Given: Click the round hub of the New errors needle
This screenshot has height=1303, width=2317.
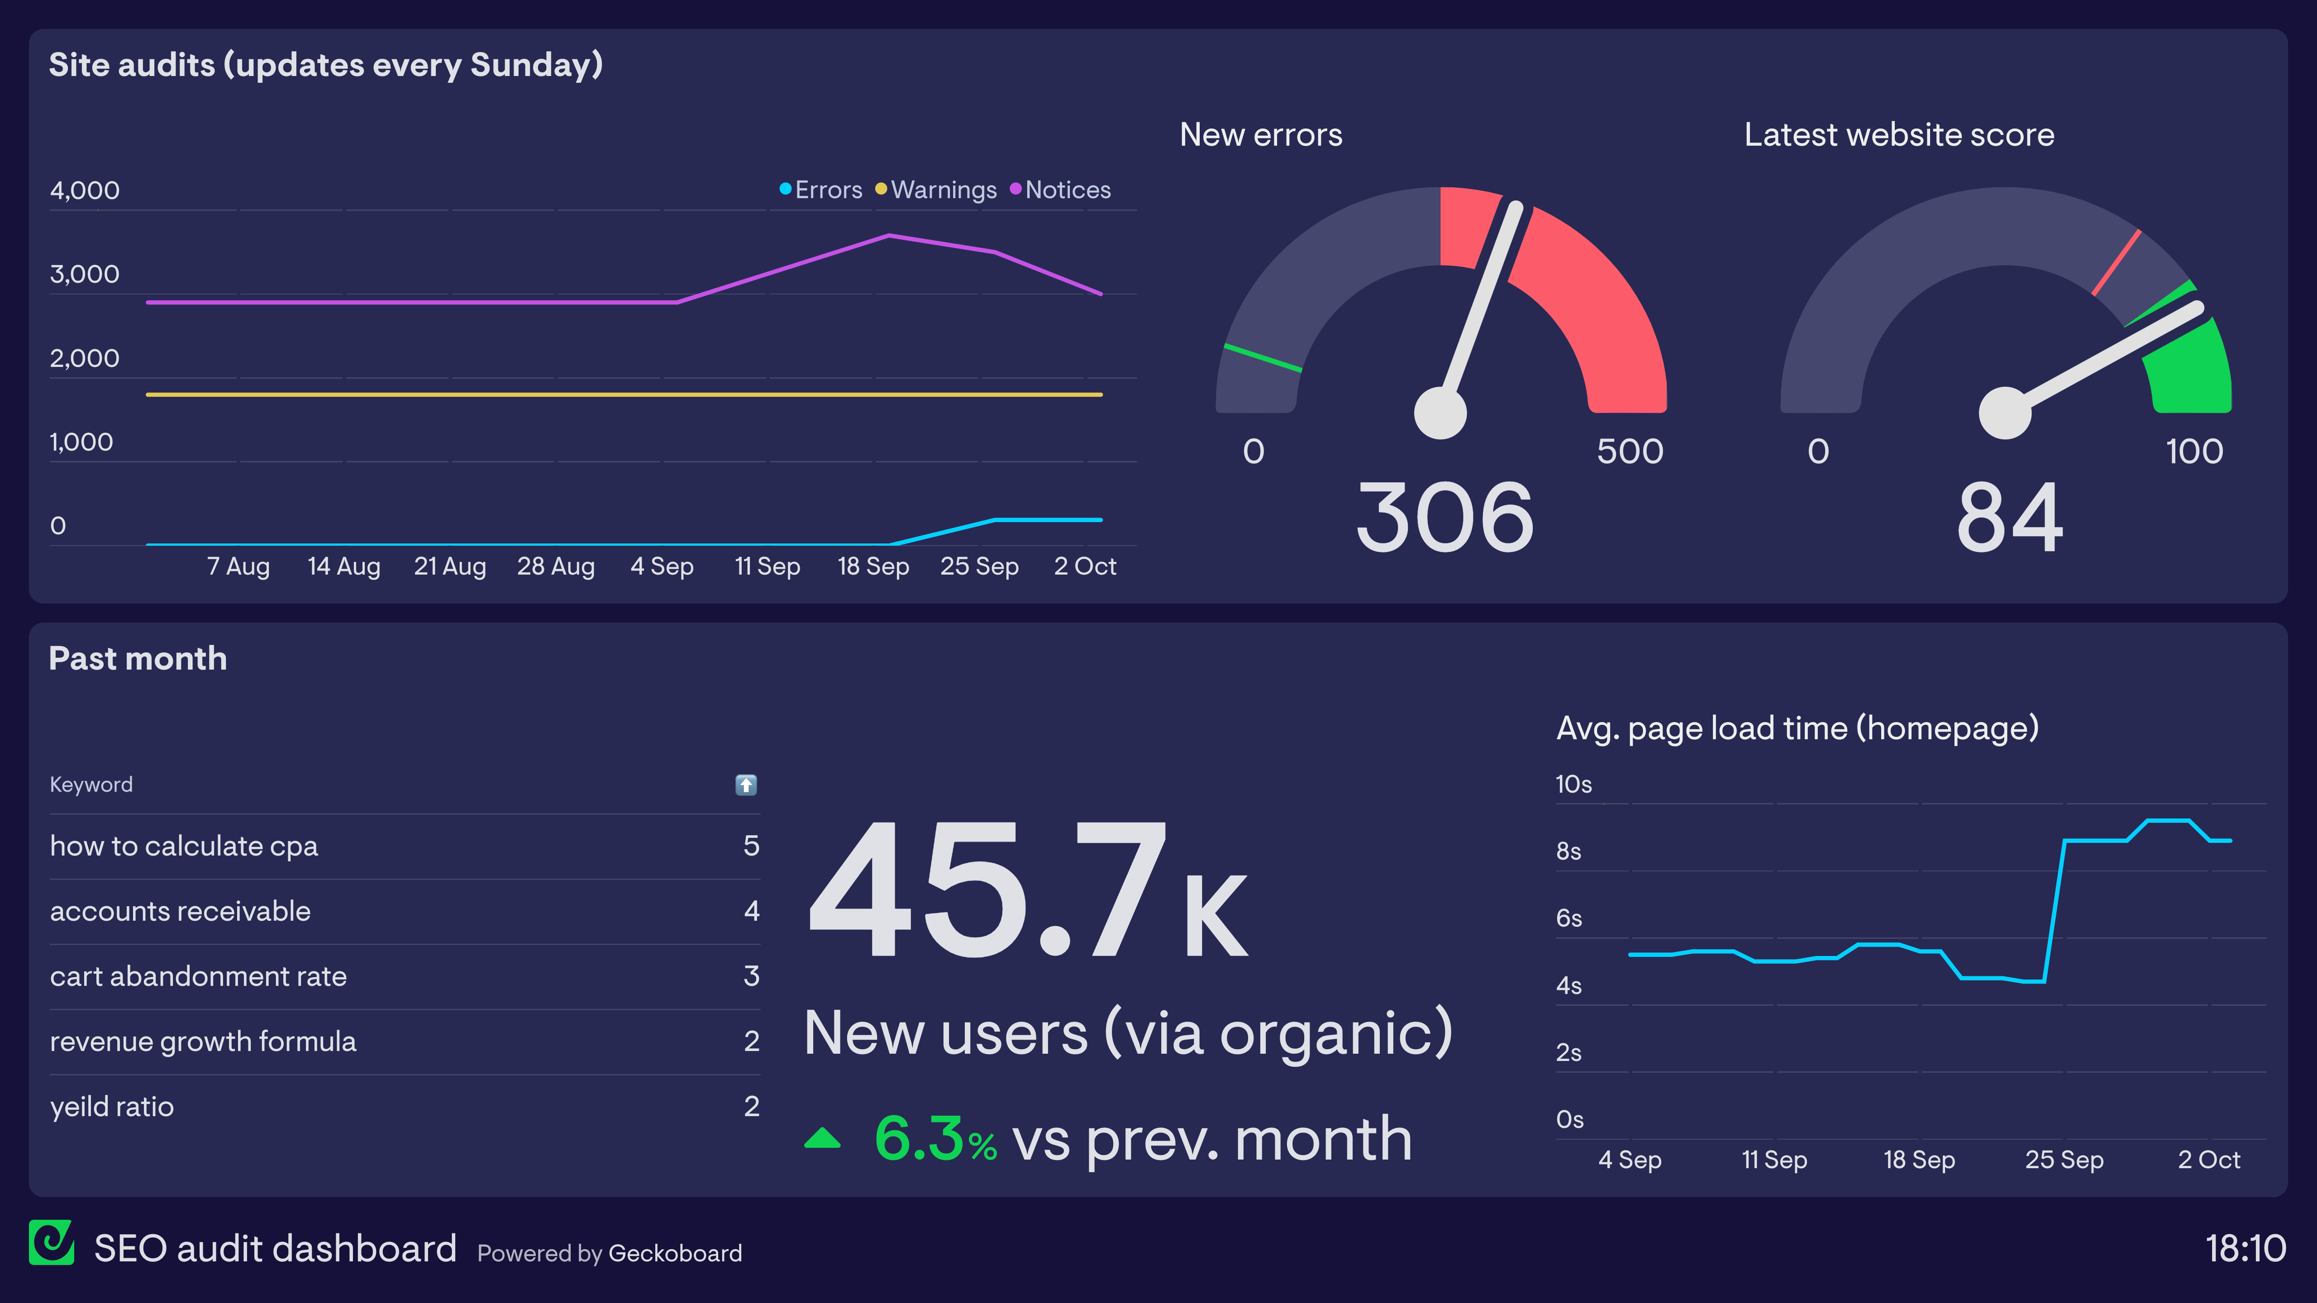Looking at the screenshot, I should point(1440,413).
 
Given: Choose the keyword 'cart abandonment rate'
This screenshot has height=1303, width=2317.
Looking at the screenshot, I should point(198,977).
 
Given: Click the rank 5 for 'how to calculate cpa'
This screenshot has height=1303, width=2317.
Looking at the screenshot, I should point(751,846).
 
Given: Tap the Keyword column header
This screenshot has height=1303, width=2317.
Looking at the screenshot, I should point(91,785).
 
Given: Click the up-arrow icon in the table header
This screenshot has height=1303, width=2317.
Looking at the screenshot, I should point(746,785).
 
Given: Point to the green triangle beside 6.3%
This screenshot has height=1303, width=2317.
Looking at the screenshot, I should point(822,1139).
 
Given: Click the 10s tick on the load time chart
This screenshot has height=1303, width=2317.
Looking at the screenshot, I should point(1573,784).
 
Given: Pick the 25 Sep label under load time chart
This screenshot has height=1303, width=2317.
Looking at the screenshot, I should point(2064,1160).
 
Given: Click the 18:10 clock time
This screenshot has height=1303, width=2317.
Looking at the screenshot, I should point(2245,1249).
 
